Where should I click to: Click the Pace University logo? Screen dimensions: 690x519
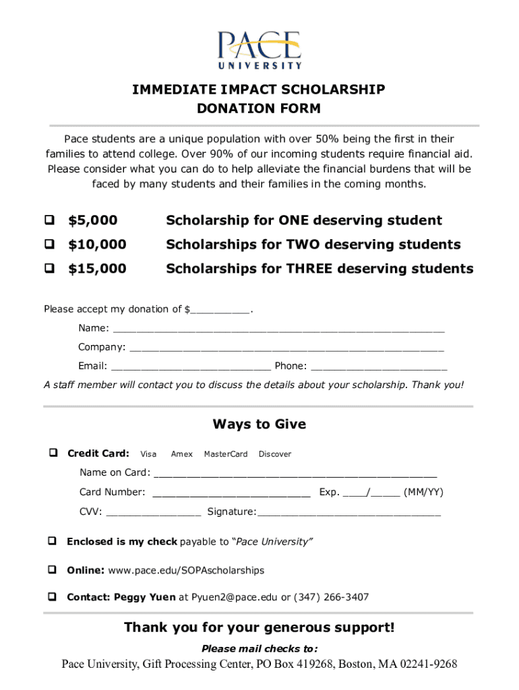coord(259,50)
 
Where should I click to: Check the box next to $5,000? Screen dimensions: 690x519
coord(50,220)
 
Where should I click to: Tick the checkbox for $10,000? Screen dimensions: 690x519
coord(50,245)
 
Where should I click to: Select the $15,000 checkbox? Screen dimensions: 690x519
coord(50,269)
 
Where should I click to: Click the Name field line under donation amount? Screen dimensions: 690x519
coord(278,329)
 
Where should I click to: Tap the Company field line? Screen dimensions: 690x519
coord(286,348)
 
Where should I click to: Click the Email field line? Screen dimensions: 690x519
coord(191,367)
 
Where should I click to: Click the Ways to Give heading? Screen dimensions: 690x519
coord(259,424)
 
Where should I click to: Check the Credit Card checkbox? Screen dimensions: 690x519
coord(52,453)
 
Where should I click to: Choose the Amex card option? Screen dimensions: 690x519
coord(181,454)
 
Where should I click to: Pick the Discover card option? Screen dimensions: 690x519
coord(275,454)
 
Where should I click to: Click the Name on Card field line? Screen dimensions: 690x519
coord(295,473)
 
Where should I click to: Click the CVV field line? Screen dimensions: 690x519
coord(153,512)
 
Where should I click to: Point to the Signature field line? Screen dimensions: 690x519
coord(349,512)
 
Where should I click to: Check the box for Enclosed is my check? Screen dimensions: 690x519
coord(51,542)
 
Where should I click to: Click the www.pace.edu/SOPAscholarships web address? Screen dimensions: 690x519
coord(186,570)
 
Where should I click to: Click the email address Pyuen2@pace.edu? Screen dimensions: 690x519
coord(235,597)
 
